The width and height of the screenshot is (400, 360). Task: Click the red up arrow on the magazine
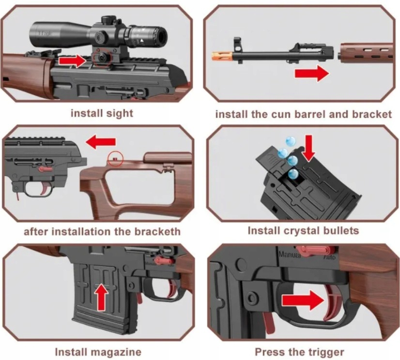click(101, 296)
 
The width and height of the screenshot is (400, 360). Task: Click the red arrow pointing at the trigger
click(302, 300)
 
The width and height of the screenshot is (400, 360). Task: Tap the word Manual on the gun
click(289, 253)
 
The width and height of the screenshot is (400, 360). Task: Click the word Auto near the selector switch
click(329, 256)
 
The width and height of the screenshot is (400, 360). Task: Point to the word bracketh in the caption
click(156, 231)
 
